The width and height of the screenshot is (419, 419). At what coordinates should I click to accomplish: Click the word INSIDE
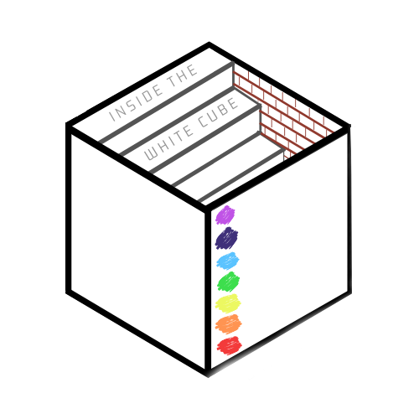click(x=136, y=104)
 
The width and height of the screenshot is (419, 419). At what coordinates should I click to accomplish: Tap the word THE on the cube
click(x=183, y=75)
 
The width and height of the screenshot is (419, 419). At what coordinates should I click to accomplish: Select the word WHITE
click(x=169, y=143)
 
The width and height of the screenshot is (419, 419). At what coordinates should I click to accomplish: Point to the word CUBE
click(x=218, y=113)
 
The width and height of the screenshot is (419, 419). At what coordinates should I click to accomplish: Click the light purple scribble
click(x=225, y=215)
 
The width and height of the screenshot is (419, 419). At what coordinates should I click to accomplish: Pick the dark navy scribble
click(x=226, y=238)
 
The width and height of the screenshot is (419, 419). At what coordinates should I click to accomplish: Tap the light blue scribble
click(x=228, y=261)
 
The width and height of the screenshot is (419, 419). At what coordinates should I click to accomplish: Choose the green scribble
click(x=229, y=282)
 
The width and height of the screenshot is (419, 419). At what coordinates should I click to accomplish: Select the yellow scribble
click(x=228, y=303)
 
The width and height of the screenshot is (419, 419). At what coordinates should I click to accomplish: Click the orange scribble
click(x=229, y=324)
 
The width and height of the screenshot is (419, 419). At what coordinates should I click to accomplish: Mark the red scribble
click(x=230, y=345)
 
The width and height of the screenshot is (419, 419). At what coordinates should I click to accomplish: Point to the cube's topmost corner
click(x=209, y=44)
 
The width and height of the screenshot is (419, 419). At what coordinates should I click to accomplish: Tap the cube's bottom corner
click(x=208, y=375)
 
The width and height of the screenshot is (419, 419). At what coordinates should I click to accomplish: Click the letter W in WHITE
click(x=152, y=154)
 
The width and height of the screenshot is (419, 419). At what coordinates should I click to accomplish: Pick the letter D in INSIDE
click(x=147, y=96)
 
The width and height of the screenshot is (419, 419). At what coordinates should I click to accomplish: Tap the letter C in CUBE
click(x=203, y=122)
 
